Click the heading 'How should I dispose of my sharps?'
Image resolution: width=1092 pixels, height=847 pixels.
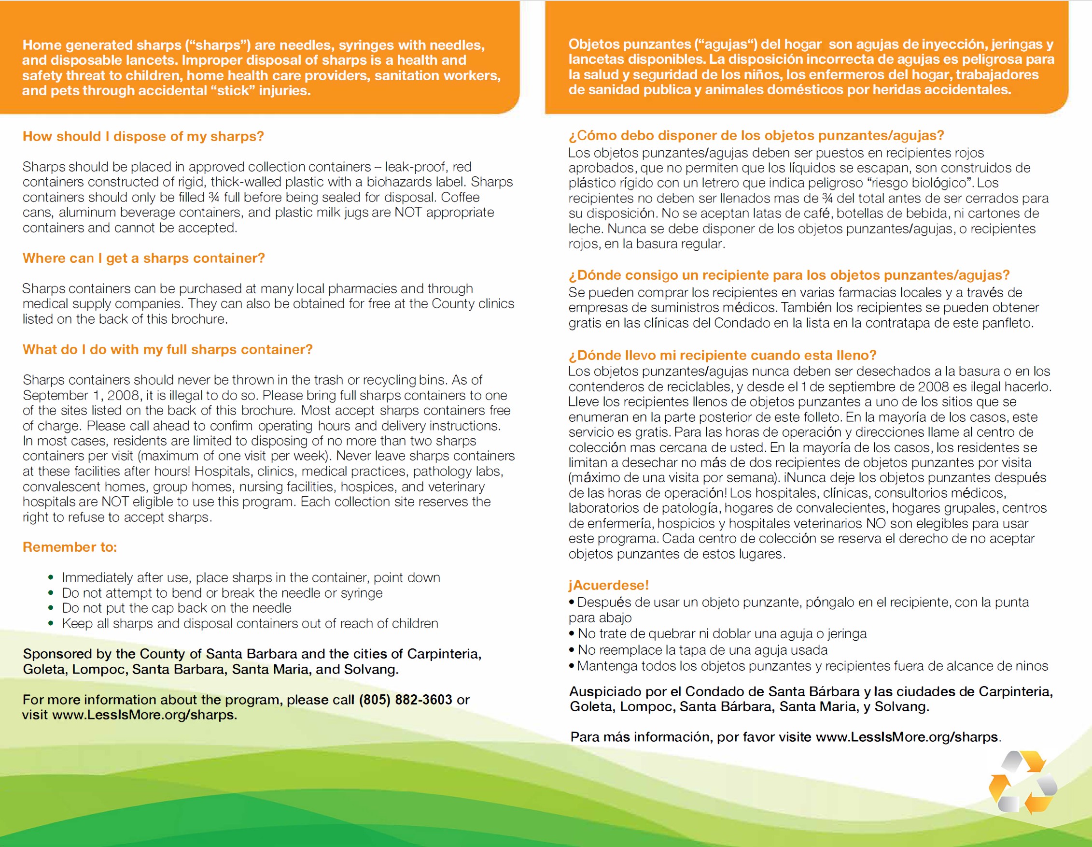(x=143, y=136)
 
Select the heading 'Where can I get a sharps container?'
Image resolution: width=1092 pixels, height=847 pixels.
(x=143, y=258)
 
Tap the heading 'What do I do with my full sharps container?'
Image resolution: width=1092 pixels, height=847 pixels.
(x=168, y=349)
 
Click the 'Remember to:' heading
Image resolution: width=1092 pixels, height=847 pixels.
(x=70, y=547)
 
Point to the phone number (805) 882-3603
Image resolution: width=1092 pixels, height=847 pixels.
(x=406, y=700)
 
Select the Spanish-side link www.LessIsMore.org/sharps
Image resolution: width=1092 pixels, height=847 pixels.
(x=907, y=737)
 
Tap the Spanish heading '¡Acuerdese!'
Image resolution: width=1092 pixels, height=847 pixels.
(x=608, y=585)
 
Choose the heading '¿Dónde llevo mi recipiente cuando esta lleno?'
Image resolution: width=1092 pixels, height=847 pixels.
(x=722, y=355)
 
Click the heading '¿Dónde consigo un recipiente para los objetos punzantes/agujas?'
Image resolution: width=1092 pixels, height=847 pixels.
(x=788, y=275)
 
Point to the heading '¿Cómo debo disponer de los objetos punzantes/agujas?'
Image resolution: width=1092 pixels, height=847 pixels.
(x=756, y=136)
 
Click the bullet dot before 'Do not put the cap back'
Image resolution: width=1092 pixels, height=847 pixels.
(x=51, y=608)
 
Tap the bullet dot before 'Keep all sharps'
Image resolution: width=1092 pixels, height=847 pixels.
(x=51, y=624)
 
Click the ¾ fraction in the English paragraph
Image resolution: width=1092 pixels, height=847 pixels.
(x=213, y=197)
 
